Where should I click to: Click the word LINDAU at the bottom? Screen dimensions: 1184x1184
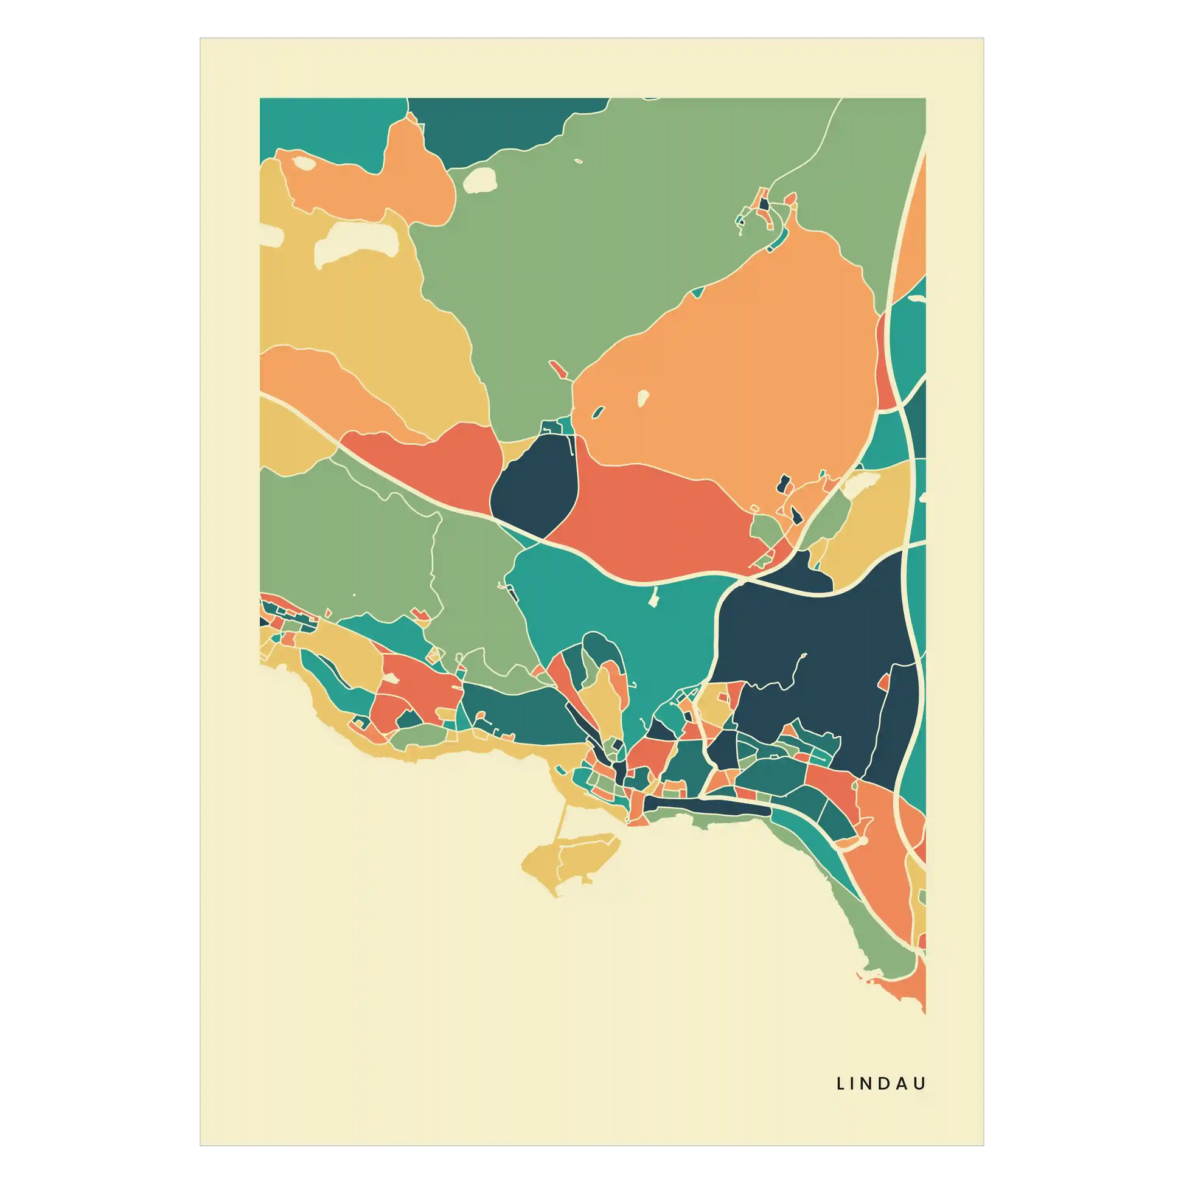(x=880, y=1084)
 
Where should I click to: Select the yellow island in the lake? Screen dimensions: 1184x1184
(x=570, y=858)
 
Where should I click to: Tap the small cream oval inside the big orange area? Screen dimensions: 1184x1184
(x=643, y=399)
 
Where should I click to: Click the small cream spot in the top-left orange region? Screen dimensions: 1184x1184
(x=303, y=163)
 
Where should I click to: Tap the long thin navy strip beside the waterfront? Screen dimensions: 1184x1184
(x=705, y=807)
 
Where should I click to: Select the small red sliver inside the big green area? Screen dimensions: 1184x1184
(x=558, y=369)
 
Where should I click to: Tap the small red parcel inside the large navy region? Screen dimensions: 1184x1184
(x=883, y=681)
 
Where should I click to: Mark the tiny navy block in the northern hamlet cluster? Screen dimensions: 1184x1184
(x=764, y=204)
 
